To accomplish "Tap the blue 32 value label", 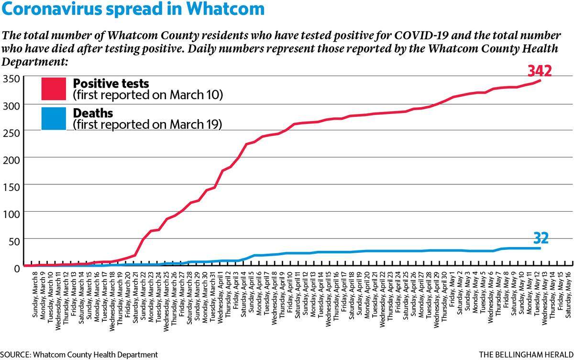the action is click(x=541, y=238).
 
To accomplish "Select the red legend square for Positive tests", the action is click(x=54, y=89).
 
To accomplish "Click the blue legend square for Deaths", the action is click(x=54, y=118).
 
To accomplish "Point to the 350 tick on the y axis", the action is click(x=11, y=79).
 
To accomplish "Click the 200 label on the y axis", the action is click(x=11, y=160).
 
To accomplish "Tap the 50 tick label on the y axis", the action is click(x=14, y=242).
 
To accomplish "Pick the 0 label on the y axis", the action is click(x=17, y=269).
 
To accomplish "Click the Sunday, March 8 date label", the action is click(x=35, y=297).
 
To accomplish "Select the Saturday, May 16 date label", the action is click(x=568, y=295).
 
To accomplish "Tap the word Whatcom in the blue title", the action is click(x=225, y=9).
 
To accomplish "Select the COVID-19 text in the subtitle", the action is click(x=421, y=35).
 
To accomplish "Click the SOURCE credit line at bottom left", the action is click(x=79, y=355).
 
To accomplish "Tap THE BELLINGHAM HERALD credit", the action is click(x=526, y=355).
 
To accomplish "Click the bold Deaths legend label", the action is click(x=93, y=113).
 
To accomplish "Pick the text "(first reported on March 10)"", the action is click(x=148, y=95).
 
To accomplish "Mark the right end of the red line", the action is click(x=540, y=80).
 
